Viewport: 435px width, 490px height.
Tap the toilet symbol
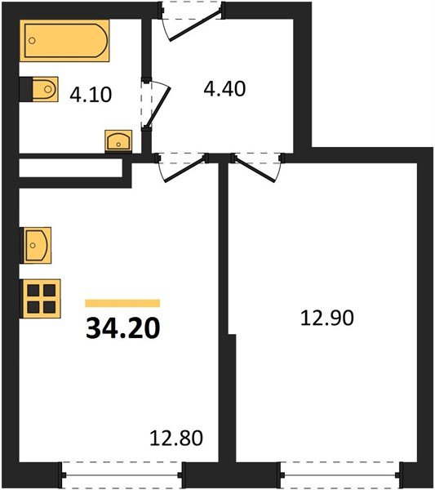click(39, 90)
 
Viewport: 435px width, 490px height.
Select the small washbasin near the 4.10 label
click(121, 140)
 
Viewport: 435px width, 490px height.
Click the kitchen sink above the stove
click(36, 244)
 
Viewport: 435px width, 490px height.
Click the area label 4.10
click(90, 94)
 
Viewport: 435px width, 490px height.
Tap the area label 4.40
click(224, 86)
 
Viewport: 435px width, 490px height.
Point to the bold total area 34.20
click(122, 328)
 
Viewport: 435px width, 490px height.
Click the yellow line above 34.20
click(122, 302)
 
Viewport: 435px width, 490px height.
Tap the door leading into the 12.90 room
click(256, 168)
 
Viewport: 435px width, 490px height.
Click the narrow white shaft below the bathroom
click(69, 168)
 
